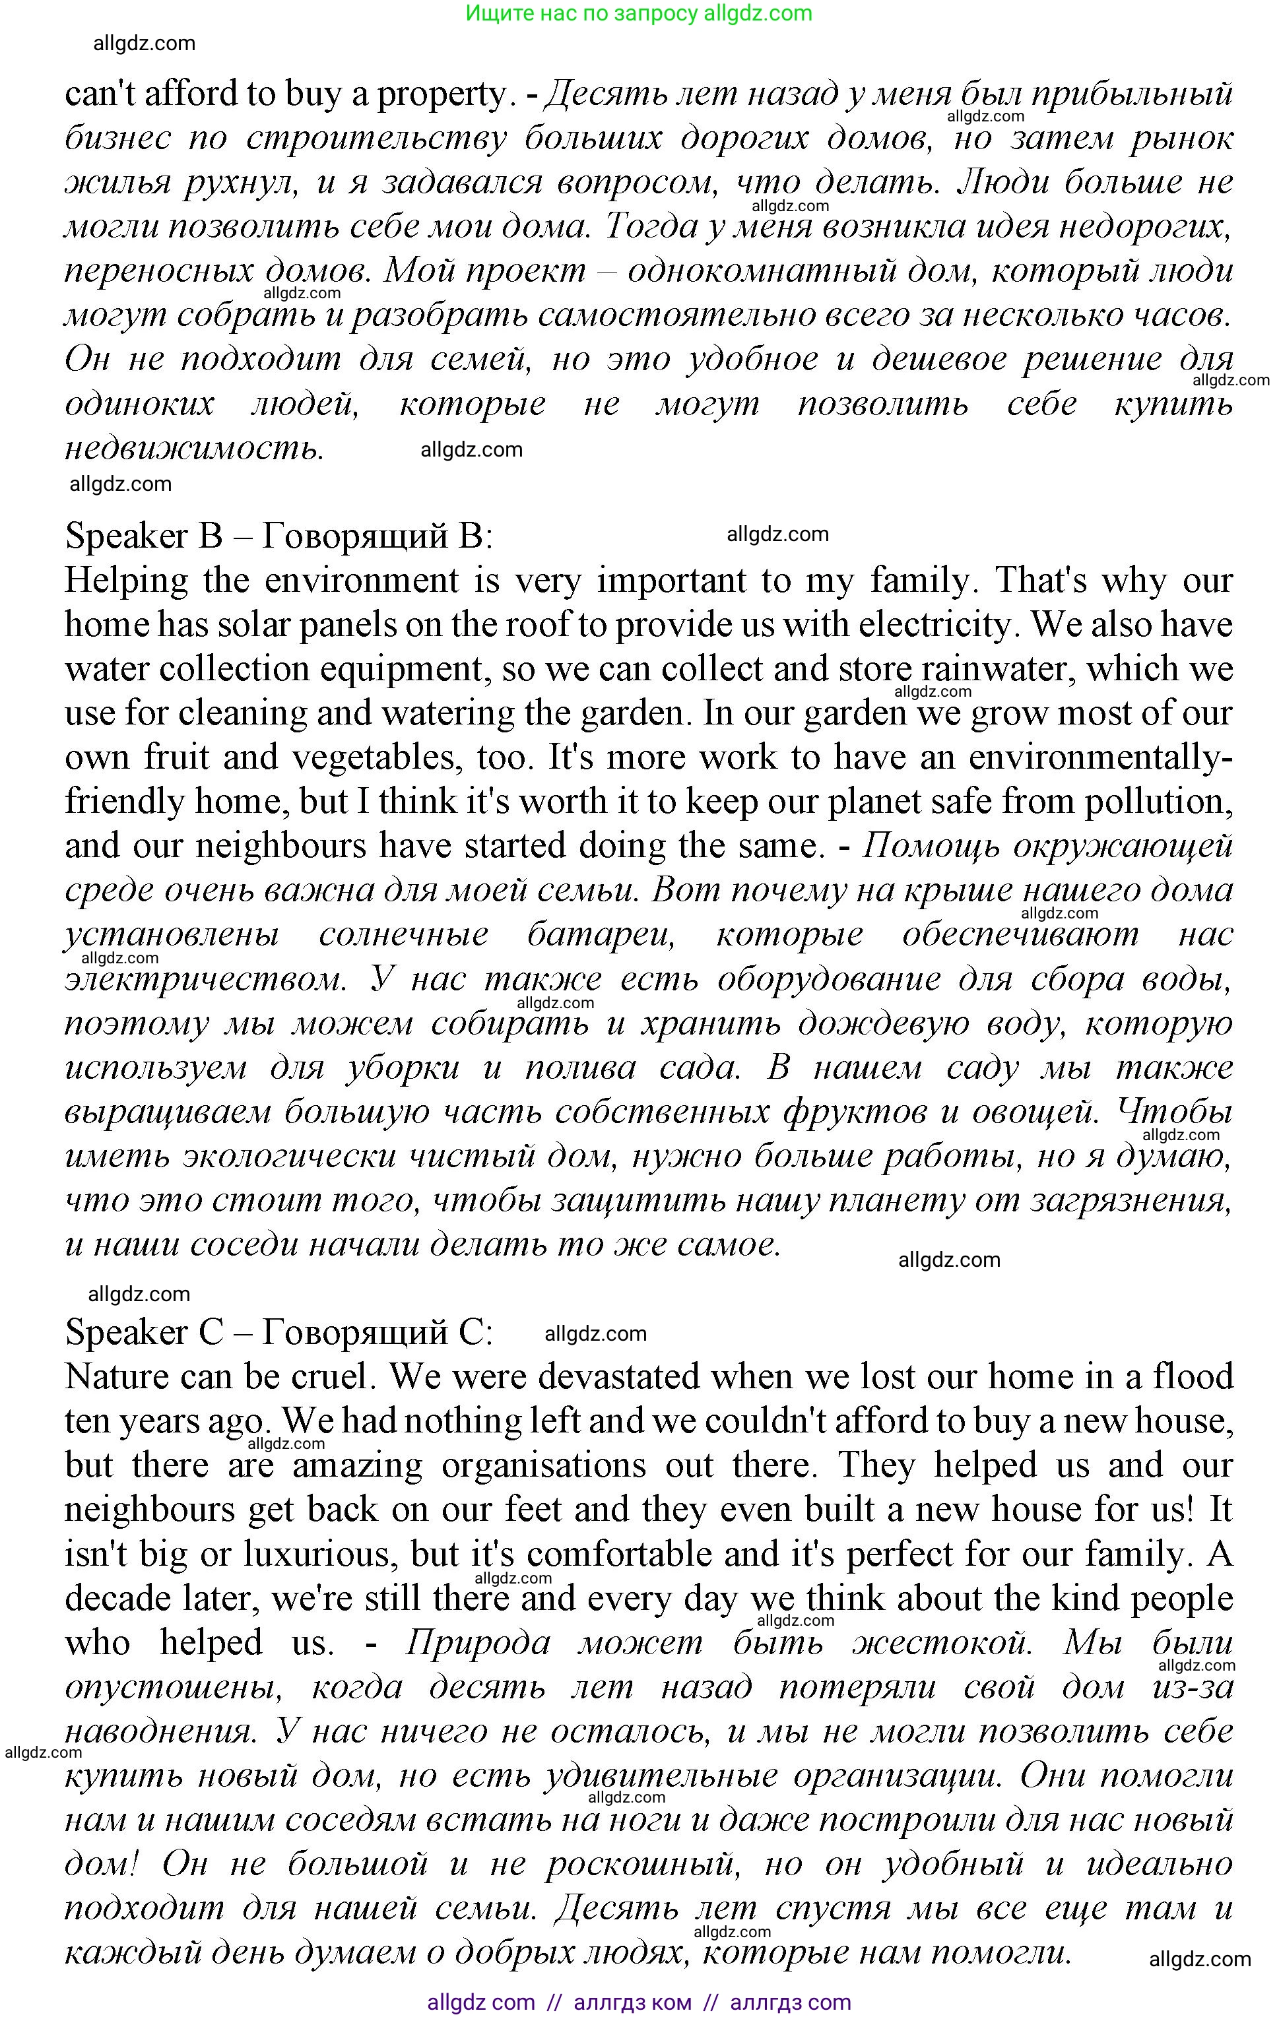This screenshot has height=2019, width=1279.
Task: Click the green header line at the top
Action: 638,13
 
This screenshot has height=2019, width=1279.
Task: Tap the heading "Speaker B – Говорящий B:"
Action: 279,536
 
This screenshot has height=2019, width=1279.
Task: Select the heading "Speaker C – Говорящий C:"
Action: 279,1331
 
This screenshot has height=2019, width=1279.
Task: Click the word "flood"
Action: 1193,1377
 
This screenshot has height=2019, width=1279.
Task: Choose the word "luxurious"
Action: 317,1554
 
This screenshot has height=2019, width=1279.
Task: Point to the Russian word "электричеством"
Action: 205,978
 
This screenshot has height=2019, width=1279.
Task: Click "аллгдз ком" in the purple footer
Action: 632,2003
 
